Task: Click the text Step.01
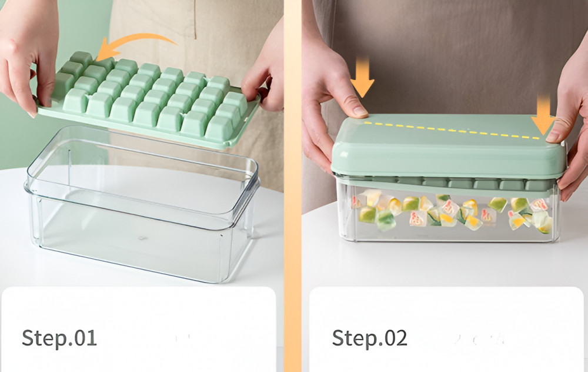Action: click(59, 338)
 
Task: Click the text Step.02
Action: click(369, 338)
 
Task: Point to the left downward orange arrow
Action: click(363, 77)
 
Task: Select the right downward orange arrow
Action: click(543, 115)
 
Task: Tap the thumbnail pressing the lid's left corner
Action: click(360, 111)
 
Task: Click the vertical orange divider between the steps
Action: click(292, 186)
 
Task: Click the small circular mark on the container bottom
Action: click(141, 238)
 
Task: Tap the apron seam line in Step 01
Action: click(195, 19)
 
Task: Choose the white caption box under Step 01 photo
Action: click(139, 330)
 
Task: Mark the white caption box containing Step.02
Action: click(446, 330)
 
